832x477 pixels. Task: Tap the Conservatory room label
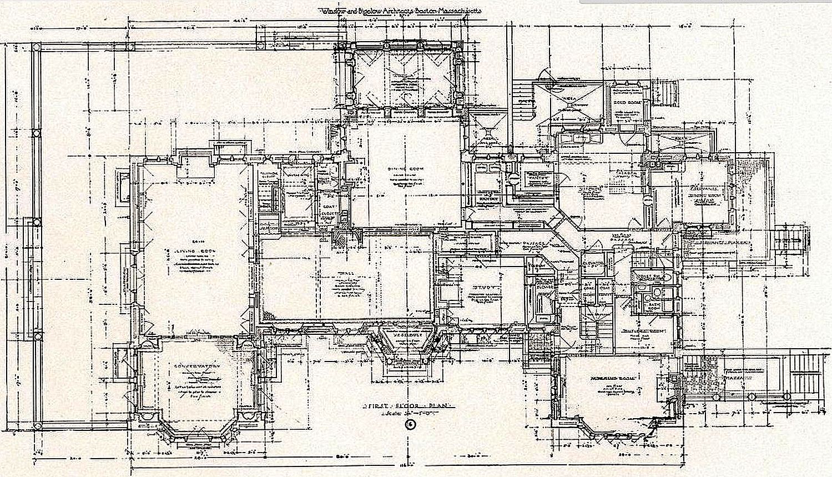click(190, 367)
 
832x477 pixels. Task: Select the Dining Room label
click(405, 169)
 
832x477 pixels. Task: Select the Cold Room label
click(627, 103)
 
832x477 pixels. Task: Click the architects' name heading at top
click(399, 11)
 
